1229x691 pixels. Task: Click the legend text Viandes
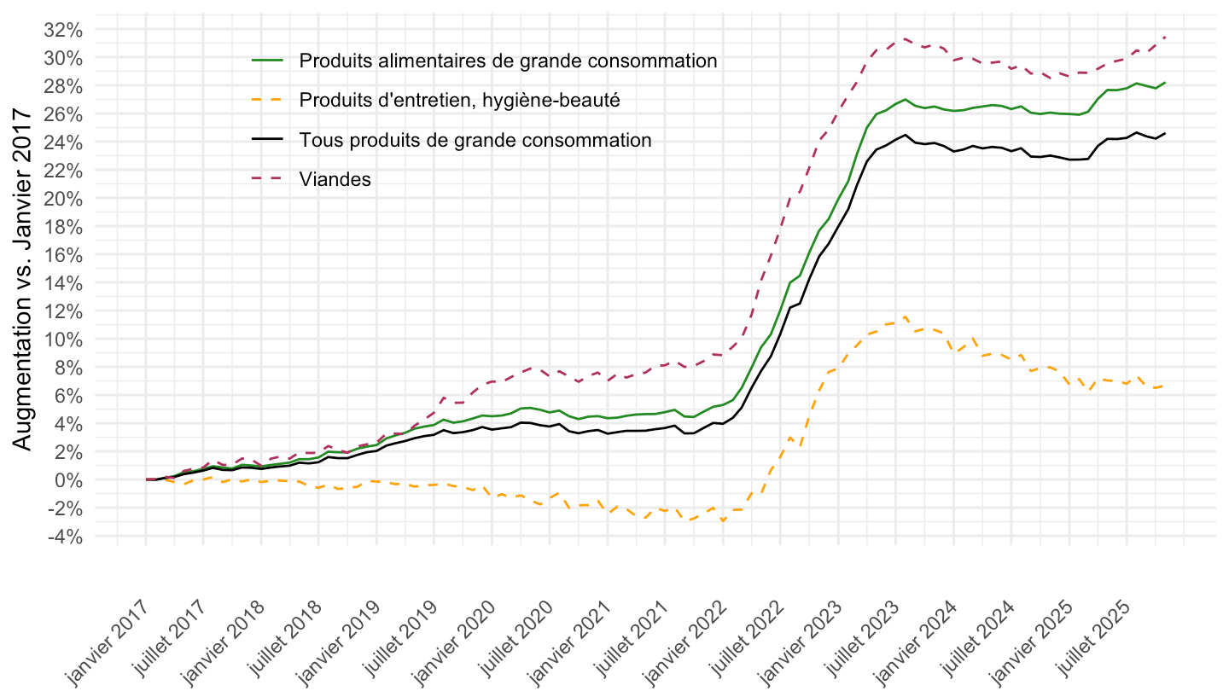pos(335,179)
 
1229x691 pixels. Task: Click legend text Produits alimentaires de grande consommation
pos(508,61)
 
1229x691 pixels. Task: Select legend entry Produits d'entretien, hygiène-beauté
pos(459,101)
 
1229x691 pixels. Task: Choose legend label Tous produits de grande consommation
pos(475,140)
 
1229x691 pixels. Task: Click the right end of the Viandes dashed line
pos(1165,37)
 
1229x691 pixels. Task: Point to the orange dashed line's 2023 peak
pos(905,316)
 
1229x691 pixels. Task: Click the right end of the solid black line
pos(1165,133)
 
